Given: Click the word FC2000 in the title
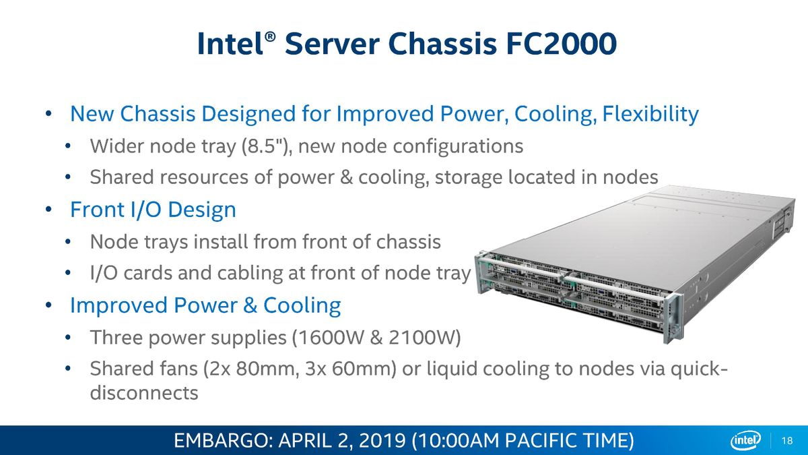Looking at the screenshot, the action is pos(561,44).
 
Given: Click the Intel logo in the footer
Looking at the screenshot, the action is pos(746,441).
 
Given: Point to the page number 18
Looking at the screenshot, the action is pos(787,441).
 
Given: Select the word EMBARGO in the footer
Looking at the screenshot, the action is pos(224,441).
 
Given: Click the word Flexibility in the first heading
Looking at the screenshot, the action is pos(650,114).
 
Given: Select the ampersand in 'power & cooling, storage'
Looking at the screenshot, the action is pos(346,177).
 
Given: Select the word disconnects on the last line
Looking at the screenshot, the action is pos(144,392).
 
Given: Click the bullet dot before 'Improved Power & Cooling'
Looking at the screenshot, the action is pos(48,305).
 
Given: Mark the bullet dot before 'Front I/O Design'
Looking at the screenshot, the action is pos(48,210).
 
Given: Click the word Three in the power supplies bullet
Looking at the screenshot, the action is pos(116,338).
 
